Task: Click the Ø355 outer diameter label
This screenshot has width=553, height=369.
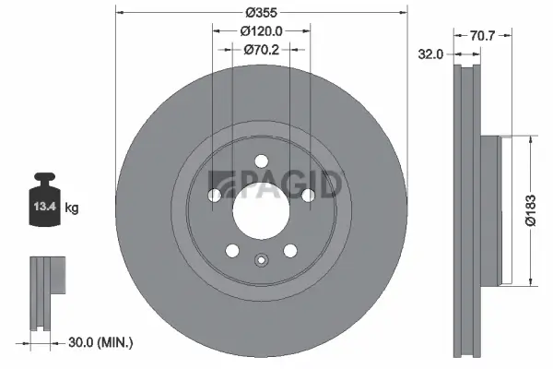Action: (261, 14)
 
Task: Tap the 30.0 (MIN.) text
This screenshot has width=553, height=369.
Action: (101, 342)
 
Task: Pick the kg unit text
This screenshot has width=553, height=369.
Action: (72, 208)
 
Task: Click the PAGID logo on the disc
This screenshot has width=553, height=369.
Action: (276, 184)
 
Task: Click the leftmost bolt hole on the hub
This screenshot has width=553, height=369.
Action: (214, 195)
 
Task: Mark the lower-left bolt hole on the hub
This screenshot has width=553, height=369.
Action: (231, 250)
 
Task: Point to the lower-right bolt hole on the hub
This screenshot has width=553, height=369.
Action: (290, 250)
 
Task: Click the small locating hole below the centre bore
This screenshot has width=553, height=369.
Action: (261, 258)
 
